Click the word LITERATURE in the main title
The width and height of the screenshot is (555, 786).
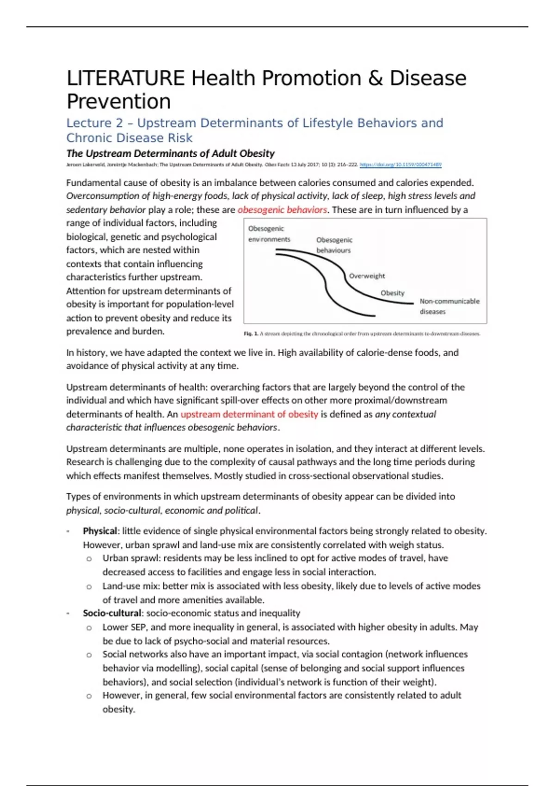[125, 78]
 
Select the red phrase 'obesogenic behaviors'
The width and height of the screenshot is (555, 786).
[282, 210]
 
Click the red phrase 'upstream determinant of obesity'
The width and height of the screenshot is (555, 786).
[249, 414]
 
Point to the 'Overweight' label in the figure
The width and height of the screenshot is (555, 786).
[367, 276]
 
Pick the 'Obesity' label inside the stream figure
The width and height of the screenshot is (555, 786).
[392, 293]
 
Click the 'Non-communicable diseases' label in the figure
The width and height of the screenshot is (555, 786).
[449, 306]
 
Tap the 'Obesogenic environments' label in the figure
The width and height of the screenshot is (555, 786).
[269, 234]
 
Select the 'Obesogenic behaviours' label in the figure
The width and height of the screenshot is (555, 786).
[334, 245]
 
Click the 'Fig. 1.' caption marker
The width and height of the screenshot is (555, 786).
[251, 333]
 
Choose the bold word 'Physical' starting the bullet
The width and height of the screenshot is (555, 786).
[100, 531]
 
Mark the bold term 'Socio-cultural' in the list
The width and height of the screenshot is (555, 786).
[112, 613]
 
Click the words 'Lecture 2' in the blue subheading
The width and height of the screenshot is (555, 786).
[94, 123]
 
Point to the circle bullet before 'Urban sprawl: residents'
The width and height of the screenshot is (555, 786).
[89, 559]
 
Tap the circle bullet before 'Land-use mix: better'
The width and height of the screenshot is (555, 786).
[89, 587]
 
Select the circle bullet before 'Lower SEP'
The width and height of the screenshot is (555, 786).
[89, 628]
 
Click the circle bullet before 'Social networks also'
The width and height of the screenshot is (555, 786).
[89, 655]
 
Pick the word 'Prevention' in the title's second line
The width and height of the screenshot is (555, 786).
[119, 101]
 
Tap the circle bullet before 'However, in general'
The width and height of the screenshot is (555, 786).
[89, 696]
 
